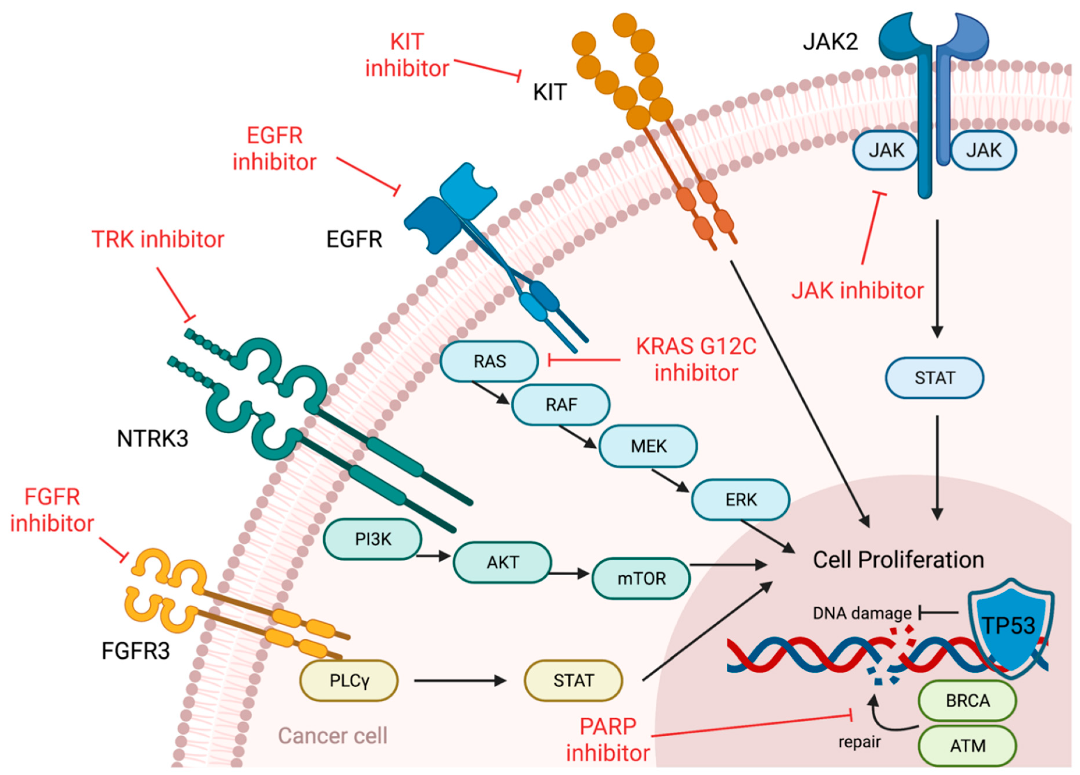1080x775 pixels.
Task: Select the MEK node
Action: (x=648, y=446)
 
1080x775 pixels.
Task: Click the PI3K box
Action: (x=373, y=539)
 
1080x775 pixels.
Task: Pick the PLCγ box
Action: (x=349, y=681)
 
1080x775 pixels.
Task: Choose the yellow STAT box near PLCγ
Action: (x=573, y=681)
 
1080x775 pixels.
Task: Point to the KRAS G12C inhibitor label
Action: (x=696, y=360)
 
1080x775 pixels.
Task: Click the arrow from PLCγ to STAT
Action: (x=460, y=681)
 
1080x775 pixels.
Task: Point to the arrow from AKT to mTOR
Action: (x=569, y=574)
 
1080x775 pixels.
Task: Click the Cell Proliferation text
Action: (x=898, y=560)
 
